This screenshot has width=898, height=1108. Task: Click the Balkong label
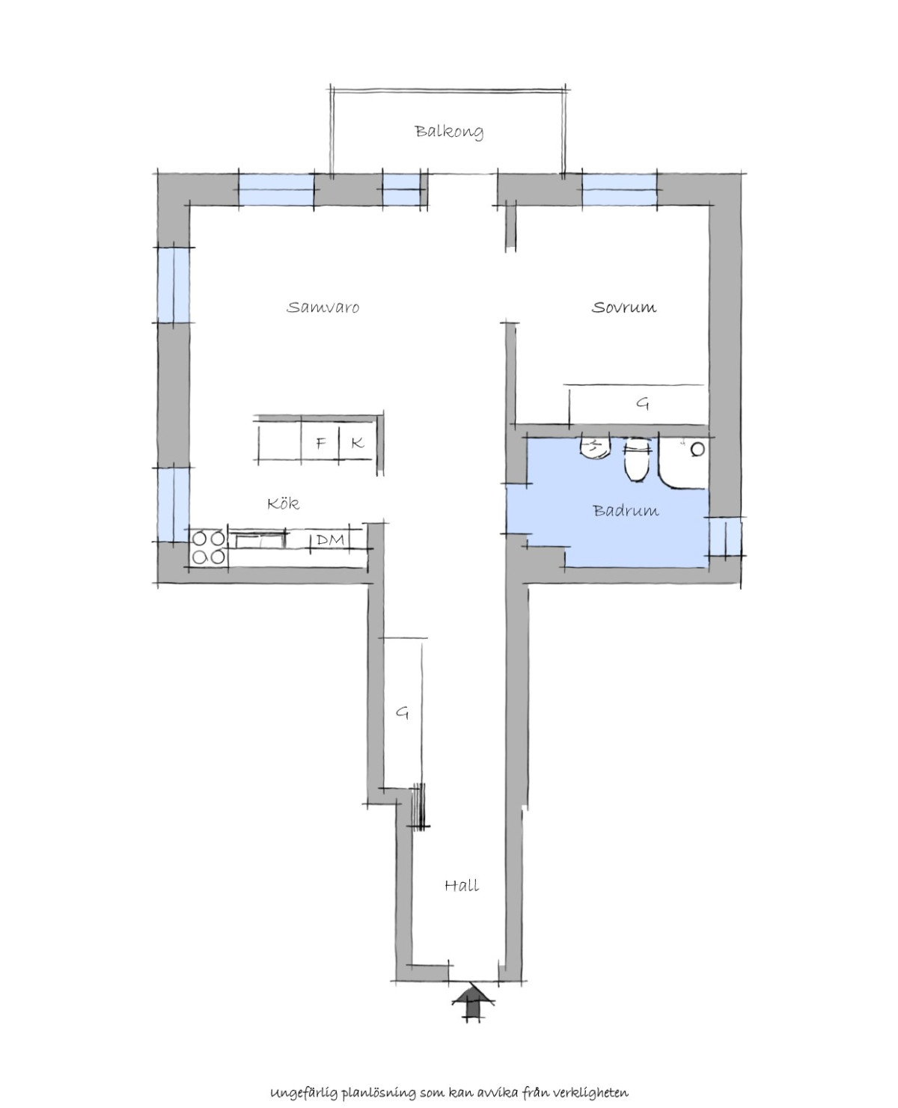click(449, 132)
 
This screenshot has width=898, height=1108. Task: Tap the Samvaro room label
click(323, 307)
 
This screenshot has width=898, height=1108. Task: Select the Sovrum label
click(624, 307)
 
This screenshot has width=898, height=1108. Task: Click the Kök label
click(284, 503)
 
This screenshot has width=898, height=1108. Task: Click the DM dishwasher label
click(330, 539)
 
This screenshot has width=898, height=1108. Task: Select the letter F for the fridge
click(321, 443)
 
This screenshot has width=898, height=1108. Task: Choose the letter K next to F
click(358, 443)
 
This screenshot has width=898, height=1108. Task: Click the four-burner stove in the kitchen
click(209, 547)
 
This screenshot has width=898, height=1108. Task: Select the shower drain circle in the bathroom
click(697, 449)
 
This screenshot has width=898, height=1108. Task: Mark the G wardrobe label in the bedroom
click(644, 403)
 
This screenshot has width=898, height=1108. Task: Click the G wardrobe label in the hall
click(402, 712)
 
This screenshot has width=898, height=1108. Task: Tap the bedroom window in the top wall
click(619, 189)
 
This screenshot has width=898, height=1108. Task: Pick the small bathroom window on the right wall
click(724, 536)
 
